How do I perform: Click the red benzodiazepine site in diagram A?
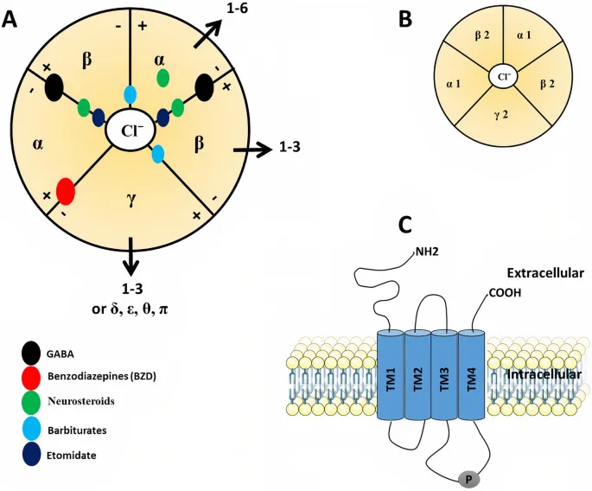[x=65, y=188]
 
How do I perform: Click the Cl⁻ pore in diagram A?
[x=129, y=132]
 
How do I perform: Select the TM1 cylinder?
[x=391, y=377]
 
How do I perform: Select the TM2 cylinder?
[x=417, y=377]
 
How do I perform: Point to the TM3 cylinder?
[x=444, y=377]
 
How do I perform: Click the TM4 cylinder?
[x=471, y=377]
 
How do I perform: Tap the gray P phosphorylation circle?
[x=468, y=477]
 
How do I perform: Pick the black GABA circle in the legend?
[x=30, y=354]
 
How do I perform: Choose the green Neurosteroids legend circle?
[x=30, y=401]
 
